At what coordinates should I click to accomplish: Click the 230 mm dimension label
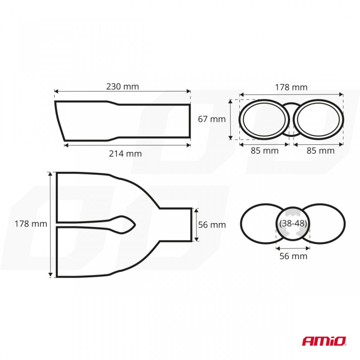point(122,86)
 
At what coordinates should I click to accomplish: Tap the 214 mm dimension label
point(126,153)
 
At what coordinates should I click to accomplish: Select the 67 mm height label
point(211,119)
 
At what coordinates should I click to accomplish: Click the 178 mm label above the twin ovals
point(291,87)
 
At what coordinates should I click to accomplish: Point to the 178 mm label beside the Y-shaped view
point(31,224)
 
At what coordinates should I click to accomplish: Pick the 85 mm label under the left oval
point(265,151)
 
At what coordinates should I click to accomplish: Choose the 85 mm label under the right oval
point(320,151)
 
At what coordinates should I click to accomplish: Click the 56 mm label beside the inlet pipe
point(212,225)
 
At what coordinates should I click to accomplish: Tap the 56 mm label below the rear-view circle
point(293,256)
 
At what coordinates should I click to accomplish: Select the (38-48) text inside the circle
point(293,223)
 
